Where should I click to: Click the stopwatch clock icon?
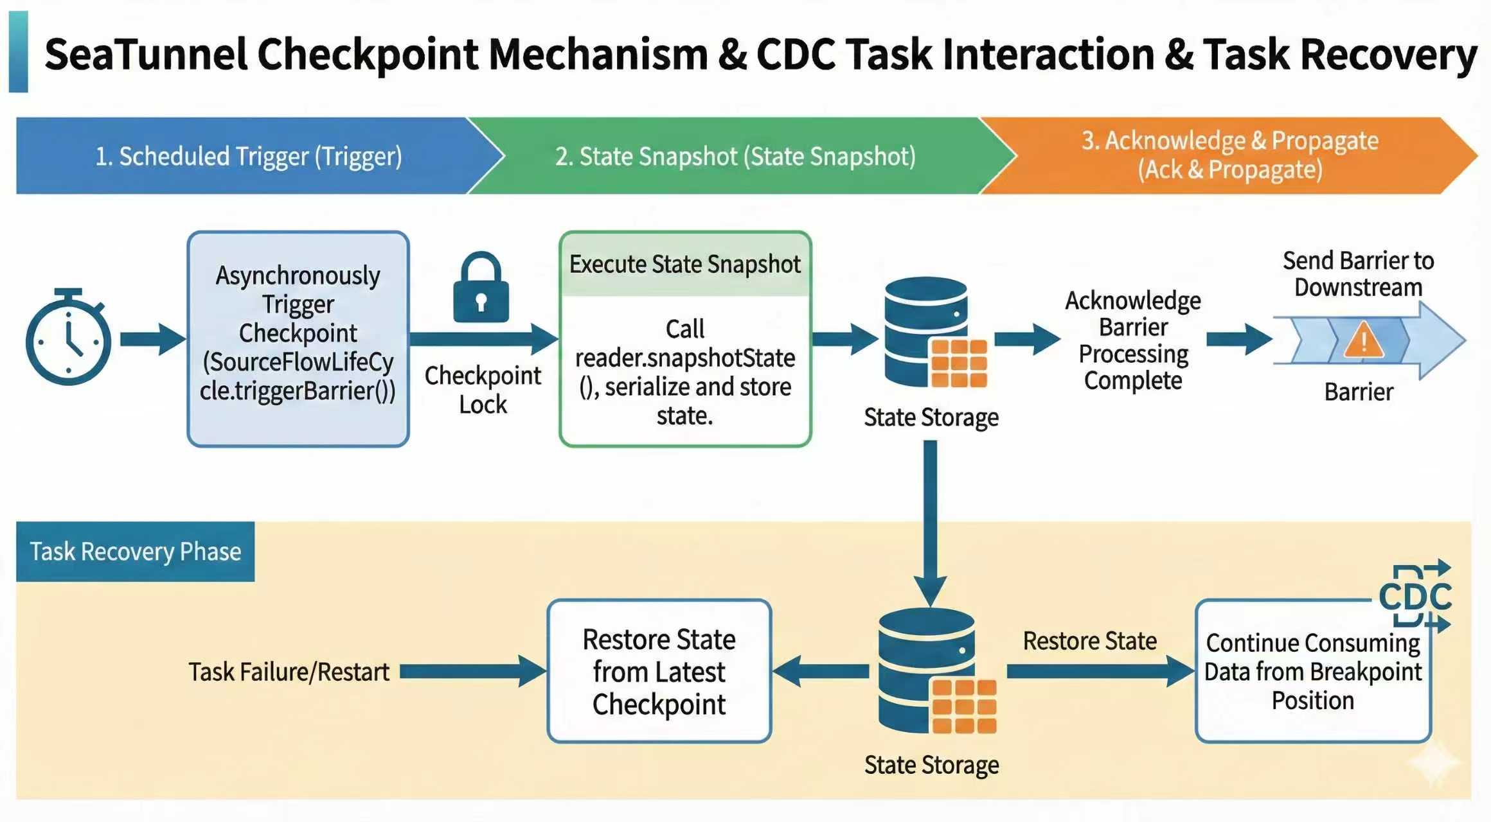(x=68, y=340)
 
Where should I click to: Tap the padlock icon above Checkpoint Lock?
(x=481, y=289)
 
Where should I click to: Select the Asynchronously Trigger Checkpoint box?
(x=298, y=338)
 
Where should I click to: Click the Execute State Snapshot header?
(x=685, y=265)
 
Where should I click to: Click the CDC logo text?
(x=1415, y=597)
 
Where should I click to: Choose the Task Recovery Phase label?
(x=136, y=552)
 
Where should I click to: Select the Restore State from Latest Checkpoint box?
(x=659, y=671)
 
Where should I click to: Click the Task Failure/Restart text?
(x=289, y=672)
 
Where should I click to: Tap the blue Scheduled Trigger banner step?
(x=249, y=156)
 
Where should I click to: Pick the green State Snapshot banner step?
(x=735, y=156)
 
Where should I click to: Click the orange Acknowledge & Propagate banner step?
(x=1229, y=155)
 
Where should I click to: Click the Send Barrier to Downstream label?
(x=1358, y=274)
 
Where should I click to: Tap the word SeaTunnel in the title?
(x=146, y=55)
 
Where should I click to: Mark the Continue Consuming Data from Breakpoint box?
(x=1313, y=671)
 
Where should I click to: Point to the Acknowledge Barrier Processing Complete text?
(x=1133, y=340)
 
